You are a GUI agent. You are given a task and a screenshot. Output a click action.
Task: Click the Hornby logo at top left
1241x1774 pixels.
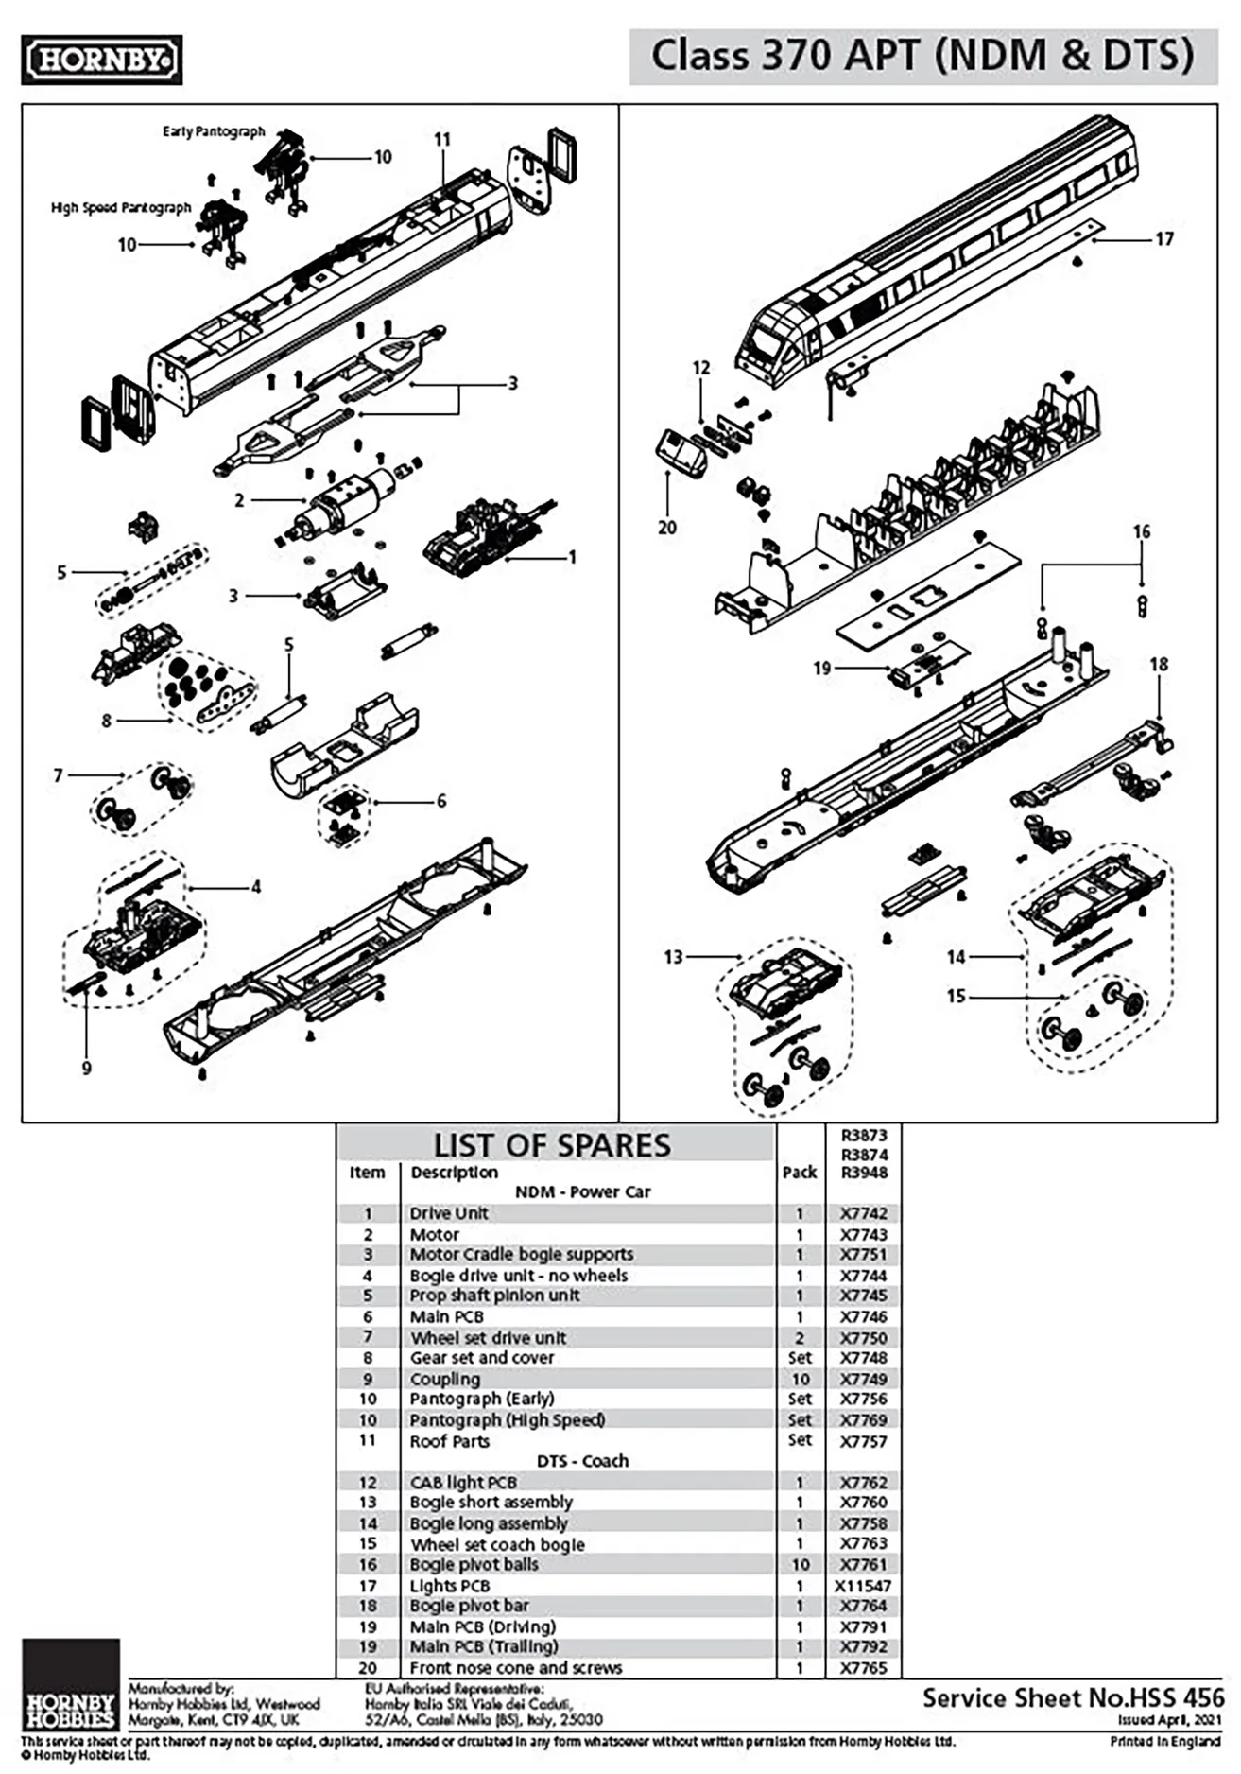click(101, 60)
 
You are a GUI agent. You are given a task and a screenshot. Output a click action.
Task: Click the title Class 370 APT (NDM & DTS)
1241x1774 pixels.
click(922, 56)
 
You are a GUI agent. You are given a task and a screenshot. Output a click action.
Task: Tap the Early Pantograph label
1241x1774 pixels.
click(214, 131)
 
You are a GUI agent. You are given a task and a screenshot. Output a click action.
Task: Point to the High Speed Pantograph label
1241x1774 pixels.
click(121, 207)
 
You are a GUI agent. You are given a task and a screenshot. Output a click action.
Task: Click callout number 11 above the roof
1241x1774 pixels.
click(442, 140)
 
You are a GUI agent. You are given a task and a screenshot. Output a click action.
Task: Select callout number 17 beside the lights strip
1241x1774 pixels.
click(1163, 239)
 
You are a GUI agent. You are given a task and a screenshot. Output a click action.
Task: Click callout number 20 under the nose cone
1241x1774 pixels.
click(667, 528)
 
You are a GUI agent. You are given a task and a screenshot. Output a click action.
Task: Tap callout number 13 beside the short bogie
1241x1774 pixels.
click(673, 957)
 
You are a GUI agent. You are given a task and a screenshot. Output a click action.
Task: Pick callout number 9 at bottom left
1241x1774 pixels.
click(87, 1069)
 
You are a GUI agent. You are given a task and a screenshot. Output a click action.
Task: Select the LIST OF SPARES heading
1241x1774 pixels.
click(552, 1145)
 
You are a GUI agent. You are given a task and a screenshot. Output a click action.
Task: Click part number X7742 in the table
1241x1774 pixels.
click(864, 1213)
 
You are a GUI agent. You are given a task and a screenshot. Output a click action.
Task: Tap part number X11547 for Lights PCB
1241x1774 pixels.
click(863, 1586)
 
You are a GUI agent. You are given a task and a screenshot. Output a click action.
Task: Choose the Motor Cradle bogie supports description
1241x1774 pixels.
click(522, 1255)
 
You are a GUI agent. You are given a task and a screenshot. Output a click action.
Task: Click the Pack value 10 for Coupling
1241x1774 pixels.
click(800, 1379)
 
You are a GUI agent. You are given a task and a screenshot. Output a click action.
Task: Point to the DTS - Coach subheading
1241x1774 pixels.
click(582, 1461)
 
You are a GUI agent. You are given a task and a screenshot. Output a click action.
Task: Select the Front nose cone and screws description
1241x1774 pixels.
click(516, 1668)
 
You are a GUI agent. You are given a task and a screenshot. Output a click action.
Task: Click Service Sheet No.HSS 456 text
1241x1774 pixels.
click(1073, 1697)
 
